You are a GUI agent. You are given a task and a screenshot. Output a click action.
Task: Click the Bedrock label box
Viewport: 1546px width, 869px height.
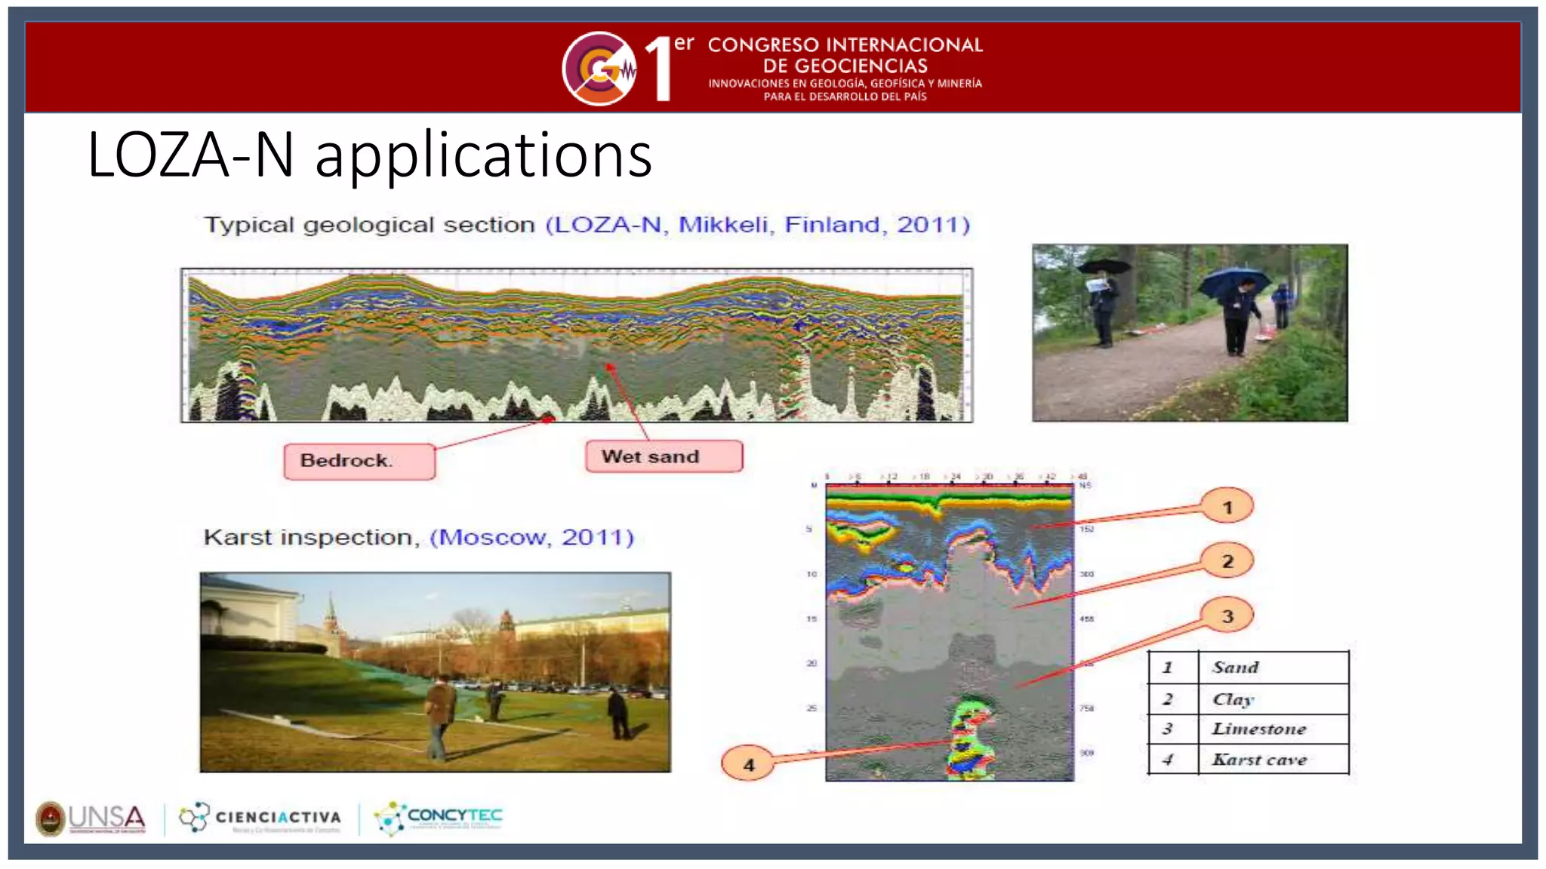point(359,461)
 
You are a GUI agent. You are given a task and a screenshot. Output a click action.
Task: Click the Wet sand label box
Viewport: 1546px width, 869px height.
point(664,456)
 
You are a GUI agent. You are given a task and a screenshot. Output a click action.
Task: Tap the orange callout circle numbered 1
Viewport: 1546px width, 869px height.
point(1227,507)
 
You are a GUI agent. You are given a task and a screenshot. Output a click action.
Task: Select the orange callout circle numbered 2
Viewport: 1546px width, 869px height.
point(1227,561)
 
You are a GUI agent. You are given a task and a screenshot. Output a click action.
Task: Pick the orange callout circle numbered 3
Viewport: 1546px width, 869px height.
point(1227,616)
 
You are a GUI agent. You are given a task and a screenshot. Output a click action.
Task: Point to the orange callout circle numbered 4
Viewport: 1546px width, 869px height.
point(748,764)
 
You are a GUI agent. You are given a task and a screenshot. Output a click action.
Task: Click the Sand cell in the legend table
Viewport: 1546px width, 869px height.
point(1273,668)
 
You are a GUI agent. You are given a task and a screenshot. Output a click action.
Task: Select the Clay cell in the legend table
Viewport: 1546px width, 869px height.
point(1273,699)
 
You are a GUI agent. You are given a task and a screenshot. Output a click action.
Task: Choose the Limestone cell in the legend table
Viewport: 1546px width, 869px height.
point(1273,729)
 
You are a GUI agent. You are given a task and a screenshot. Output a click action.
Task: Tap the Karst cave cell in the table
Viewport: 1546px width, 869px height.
point(1273,760)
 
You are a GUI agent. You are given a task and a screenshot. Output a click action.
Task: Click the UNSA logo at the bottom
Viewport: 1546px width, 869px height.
point(91,818)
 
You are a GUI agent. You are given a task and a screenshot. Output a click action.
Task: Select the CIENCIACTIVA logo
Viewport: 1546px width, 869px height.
point(260,818)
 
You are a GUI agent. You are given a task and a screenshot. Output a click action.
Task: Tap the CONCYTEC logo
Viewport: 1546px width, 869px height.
point(439,818)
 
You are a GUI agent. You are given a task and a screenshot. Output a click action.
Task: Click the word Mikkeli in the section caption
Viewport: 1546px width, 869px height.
point(723,225)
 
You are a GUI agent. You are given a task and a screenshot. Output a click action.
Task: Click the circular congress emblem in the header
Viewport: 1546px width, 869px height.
point(599,69)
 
